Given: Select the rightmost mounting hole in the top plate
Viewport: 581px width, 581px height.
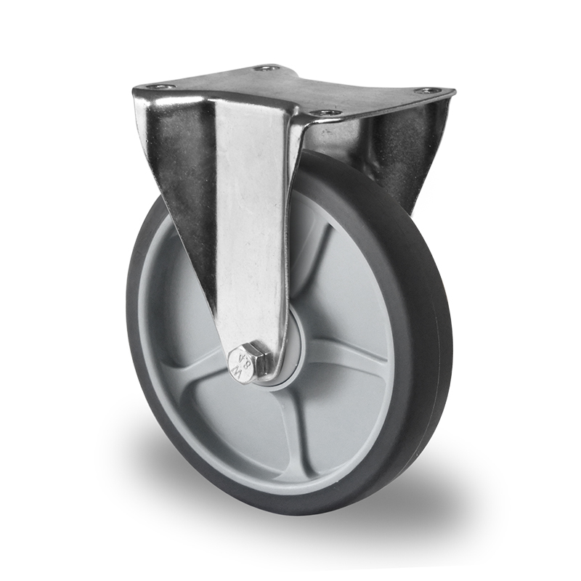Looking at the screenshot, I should [428, 91].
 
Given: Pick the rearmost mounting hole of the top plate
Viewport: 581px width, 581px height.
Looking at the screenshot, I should [267, 68].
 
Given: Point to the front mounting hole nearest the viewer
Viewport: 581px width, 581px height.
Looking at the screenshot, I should [326, 113].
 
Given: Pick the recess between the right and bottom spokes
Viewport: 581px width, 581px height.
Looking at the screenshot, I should [341, 414].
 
